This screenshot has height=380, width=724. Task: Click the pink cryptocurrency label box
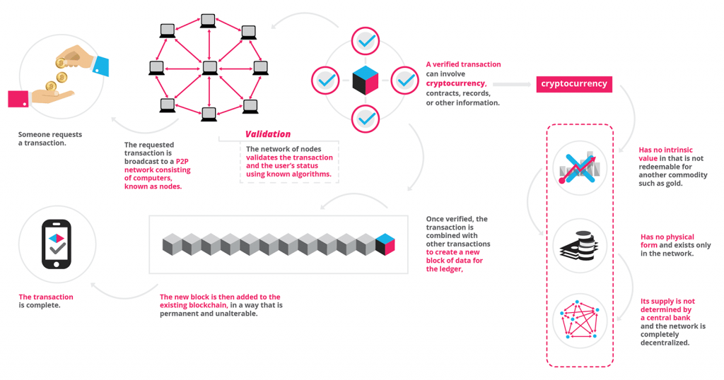tap(574, 84)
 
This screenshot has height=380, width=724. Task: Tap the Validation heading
tap(268, 134)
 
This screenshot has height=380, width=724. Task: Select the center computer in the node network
tap(209, 68)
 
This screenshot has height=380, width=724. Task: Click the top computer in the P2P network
tap(208, 21)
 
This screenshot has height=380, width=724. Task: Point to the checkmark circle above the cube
tap(366, 42)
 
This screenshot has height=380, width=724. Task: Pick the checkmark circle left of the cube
tap(325, 81)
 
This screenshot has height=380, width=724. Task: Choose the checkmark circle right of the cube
tap(405, 81)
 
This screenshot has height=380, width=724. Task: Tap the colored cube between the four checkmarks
tap(366, 81)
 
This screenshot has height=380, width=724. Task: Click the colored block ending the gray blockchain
tap(385, 244)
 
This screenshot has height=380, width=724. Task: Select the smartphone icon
tap(57, 244)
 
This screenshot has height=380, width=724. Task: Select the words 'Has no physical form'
tap(667, 242)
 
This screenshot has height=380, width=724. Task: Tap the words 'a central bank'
tap(665, 318)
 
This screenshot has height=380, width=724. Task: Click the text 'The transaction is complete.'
tap(46, 301)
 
